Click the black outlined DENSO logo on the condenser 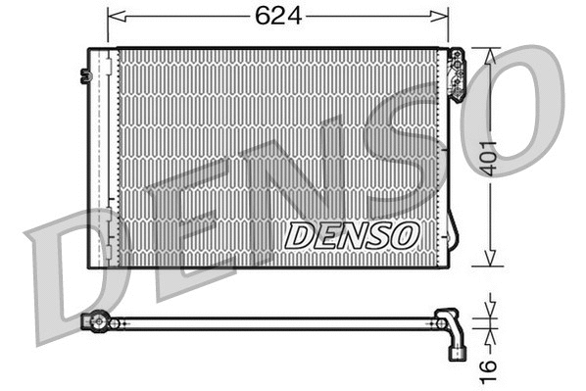pyautogui.click(x=352, y=235)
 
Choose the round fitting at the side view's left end pyautogui.click(x=97, y=320)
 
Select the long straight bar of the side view pyautogui.click(x=274, y=321)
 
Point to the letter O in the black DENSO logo pyautogui.click(x=406, y=235)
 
